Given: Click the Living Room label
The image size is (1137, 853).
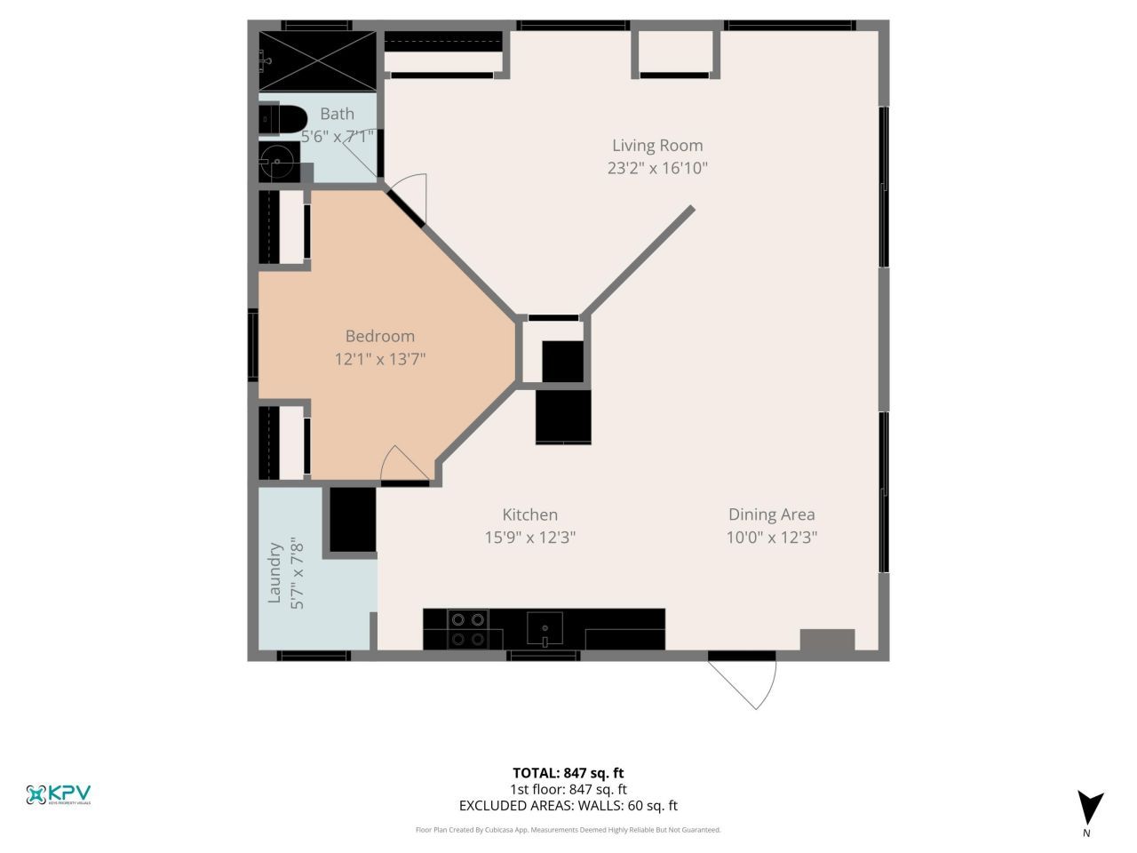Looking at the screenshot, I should (x=656, y=146).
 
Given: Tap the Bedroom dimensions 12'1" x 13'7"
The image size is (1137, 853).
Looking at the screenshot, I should (x=380, y=359).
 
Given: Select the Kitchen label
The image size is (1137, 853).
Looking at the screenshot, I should (x=529, y=514).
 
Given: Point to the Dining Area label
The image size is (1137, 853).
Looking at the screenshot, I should (x=771, y=514).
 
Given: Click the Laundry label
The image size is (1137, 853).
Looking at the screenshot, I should (x=274, y=573).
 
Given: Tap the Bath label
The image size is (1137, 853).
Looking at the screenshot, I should (x=337, y=114).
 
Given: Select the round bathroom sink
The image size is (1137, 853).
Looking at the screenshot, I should (x=278, y=163).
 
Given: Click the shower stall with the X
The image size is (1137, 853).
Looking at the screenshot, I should (x=318, y=60).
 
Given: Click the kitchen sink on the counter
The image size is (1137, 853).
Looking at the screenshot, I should (x=544, y=629).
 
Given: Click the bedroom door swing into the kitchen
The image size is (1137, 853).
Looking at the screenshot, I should (x=404, y=465).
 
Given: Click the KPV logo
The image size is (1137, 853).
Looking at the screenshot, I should (x=59, y=794).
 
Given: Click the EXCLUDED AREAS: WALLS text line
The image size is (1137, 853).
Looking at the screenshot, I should (x=568, y=806).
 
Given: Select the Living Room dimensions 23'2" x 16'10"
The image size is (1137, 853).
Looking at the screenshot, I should (x=656, y=168).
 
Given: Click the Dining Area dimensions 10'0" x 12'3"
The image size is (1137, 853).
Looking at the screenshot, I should (x=771, y=538).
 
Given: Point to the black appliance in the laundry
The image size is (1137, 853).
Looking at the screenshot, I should (x=353, y=520).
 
